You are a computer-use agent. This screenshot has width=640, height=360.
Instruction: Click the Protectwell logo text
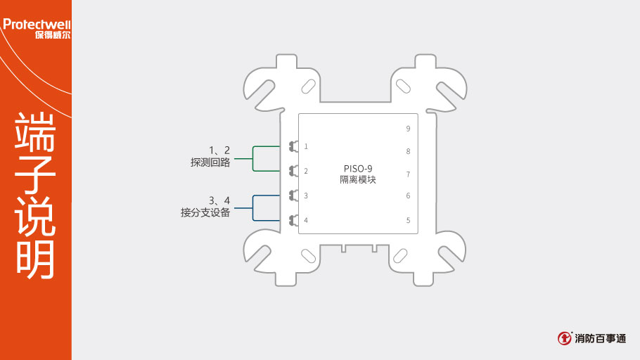coord(37,25)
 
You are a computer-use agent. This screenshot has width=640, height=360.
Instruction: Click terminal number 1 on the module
coord(306,146)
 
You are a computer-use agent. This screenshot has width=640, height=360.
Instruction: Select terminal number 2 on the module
coord(306,171)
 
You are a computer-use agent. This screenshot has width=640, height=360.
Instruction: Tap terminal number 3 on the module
coord(306,195)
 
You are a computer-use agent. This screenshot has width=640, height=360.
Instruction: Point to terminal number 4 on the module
coord(306,220)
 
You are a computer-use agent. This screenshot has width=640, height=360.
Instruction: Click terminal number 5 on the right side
coord(408,220)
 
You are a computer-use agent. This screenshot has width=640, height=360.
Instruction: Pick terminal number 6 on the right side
coord(408,195)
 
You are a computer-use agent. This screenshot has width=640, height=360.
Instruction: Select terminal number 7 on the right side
coord(408,174)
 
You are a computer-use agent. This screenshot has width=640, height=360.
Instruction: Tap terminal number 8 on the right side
coord(408,151)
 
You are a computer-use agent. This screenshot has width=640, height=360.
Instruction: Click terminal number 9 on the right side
coord(408,129)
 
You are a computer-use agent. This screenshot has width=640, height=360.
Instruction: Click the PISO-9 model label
coord(358,169)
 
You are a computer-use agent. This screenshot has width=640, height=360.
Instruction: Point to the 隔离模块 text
coord(358,179)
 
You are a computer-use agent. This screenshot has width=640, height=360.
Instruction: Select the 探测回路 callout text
coord(210,162)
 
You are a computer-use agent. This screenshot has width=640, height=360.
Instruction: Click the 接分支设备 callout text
coord(205,212)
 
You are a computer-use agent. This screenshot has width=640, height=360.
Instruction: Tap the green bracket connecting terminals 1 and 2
coord(253,158)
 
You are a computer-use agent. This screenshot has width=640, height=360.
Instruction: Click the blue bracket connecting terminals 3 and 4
coord(253,208)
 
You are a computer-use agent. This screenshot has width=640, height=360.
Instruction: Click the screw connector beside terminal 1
coord(294,146)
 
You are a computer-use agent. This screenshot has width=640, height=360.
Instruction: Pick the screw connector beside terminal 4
coord(294,220)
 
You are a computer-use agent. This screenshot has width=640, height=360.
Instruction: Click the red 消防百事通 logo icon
coord(565,338)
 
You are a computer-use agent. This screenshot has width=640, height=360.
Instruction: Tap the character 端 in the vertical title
coord(35,131)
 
